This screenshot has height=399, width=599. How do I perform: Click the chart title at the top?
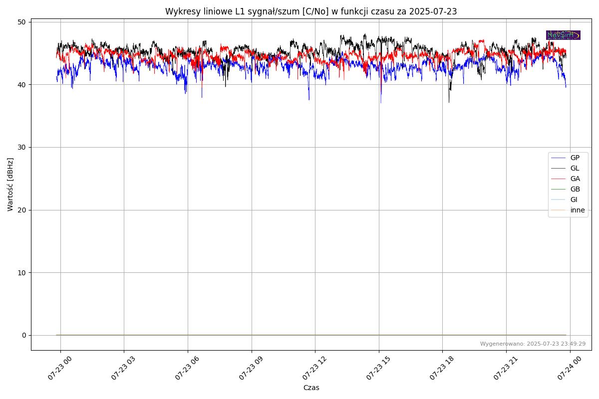coord(311,11)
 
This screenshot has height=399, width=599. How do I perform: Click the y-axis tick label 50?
coord(21,22)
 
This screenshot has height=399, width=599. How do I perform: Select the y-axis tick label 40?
coord(21,85)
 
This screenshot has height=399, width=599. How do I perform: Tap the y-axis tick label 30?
coord(21,147)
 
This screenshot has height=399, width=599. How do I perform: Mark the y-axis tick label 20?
coord(21,210)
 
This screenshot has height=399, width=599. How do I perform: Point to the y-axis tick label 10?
coord(21,272)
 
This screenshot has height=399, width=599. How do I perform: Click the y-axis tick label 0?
coord(23,335)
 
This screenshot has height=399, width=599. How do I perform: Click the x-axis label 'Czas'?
coord(311,388)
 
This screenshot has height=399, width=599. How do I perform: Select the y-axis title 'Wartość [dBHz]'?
coord(10,185)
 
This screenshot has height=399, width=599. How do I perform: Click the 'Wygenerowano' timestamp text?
coord(533,344)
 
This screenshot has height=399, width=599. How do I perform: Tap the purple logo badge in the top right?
coord(563,35)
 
